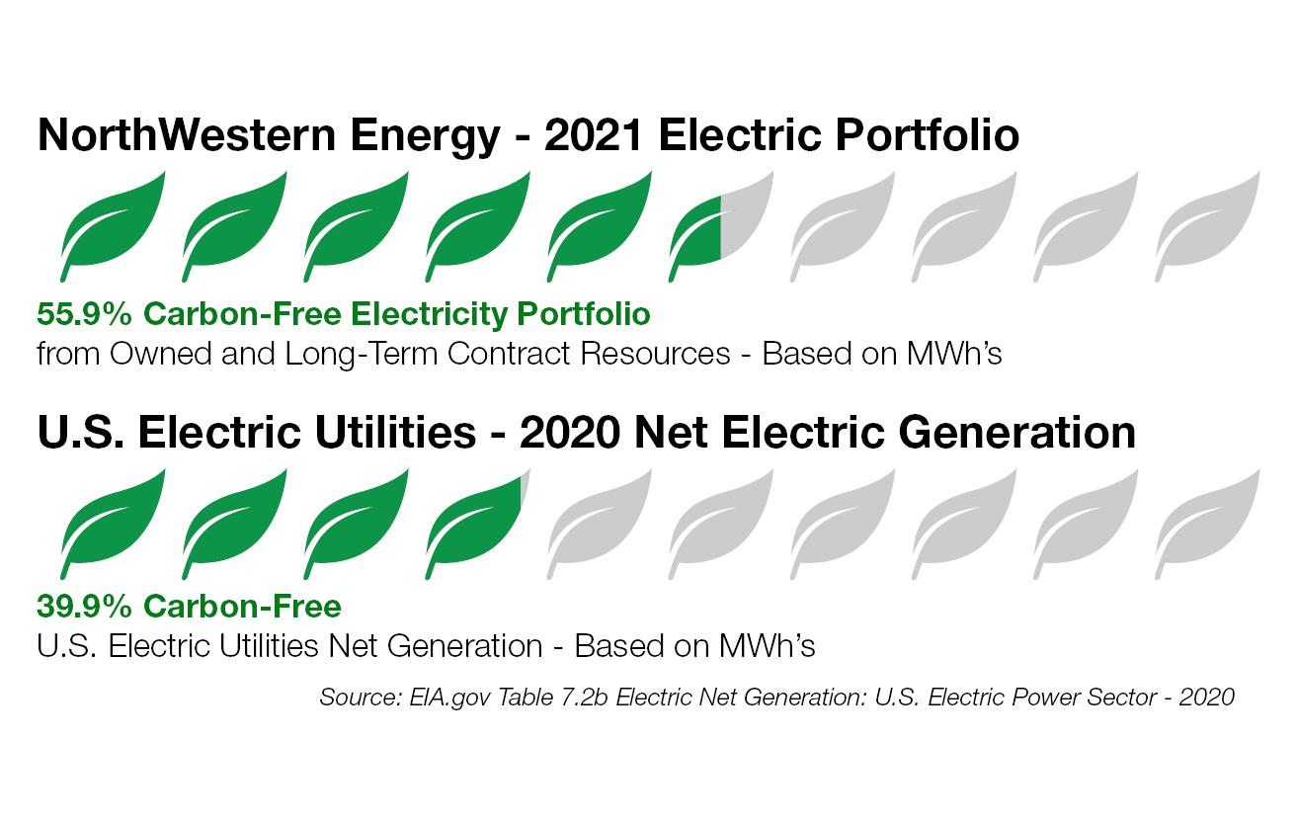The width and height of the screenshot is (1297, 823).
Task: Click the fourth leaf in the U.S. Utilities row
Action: tap(474, 521)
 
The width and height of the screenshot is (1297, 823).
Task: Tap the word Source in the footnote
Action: tap(353, 697)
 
